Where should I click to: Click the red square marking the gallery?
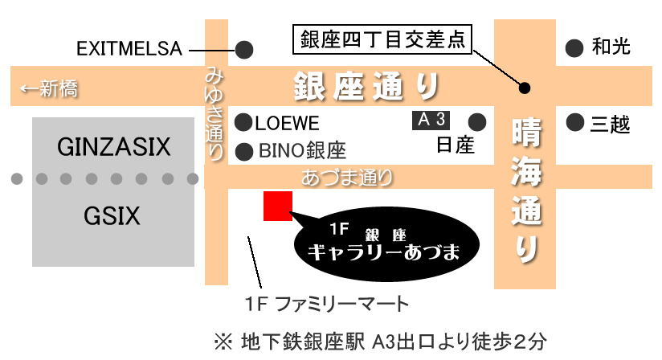coord(277,206)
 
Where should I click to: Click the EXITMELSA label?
coord(129,49)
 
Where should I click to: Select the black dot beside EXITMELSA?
coord(244,49)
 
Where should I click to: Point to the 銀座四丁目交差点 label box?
coord(382,39)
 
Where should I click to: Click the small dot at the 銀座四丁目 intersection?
coord(525,87)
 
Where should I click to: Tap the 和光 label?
coord(611,47)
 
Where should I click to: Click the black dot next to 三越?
coord(574,123)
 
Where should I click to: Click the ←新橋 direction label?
coord(49,88)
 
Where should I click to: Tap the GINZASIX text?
coord(115,147)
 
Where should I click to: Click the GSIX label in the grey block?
coord(112,215)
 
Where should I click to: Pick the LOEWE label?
coord(288,124)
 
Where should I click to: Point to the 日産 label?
coord(456,145)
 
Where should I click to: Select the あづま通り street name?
coord(347,177)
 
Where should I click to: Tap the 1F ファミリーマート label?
coord(327,304)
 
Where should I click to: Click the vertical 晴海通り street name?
coord(526,190)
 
